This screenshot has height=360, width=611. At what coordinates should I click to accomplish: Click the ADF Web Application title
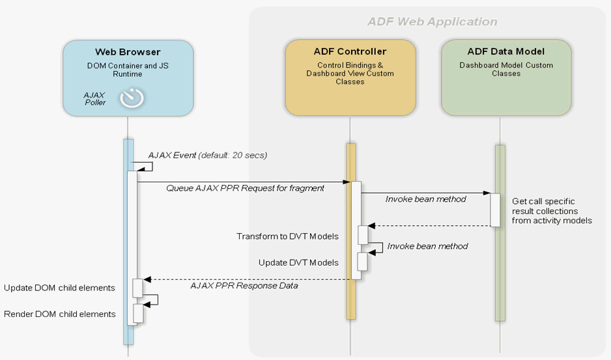pyautogui.click(x=432, y=21)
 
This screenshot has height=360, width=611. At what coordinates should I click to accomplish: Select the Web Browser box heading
pyautogui.click(x=128, y=51)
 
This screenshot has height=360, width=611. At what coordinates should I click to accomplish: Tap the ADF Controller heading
pyautogui.click(x=350, y=51)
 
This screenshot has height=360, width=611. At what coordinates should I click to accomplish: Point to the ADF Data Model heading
pyautogui.click(x=506, y=51)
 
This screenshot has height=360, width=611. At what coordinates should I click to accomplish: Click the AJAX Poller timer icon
pyautogui.click(x=131, y=98)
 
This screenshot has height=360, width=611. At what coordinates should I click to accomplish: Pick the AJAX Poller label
pyautogui.click(x=94, y=98)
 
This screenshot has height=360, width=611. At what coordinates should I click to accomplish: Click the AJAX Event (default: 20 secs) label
pyautogui.click(x=207, y=155)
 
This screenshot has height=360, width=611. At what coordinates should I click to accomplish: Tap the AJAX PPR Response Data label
pyautogui.click(x=244, y=285)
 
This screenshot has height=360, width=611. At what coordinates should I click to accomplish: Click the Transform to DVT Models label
pyautogui.click(x=287, y=236)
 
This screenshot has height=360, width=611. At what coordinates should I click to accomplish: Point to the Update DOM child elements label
pyautogui.click(x=59, y=288)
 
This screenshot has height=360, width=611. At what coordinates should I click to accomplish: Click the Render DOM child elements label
pyautogui.click(x=60, y=314)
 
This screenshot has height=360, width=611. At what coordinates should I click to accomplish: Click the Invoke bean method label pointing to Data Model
pyautogui.click(x=426, y=199)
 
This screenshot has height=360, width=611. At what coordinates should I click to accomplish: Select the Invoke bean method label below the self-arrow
pyautogui.click(x=427, y=246)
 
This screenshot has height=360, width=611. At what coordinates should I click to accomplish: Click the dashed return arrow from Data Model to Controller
pyautogui.click(x=430, y=226)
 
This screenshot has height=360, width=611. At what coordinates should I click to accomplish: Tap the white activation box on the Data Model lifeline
pyautogui.click(x=495, y=210)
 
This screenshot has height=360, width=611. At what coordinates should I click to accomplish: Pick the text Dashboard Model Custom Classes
pyautogui.click(x=506, y=69)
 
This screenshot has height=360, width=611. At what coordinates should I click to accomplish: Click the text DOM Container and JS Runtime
pyautogui.click(x=128, y=69)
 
